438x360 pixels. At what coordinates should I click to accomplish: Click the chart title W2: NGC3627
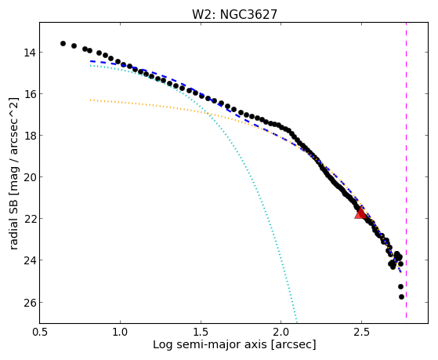coord(234,15)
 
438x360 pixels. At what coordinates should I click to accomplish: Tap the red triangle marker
coord(360,213)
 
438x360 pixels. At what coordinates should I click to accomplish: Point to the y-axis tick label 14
coord(29,53)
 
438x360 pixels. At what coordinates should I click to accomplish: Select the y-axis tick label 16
coord(29,94)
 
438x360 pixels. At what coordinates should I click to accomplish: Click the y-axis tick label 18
coord(29,136)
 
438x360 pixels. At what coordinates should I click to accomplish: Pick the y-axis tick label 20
coord(29,177)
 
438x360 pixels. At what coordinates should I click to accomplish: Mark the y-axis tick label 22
coord(29,219)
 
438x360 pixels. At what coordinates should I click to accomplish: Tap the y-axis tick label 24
coord(29,260)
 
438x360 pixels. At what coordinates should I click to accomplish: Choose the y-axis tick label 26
coord(29,303)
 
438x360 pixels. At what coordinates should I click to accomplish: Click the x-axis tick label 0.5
coord(40,333)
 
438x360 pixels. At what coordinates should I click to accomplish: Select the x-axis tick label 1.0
coord(120,333)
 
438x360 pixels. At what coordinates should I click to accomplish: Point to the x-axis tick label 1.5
coord(201,333)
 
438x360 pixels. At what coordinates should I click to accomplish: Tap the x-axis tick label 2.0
coord(281,333)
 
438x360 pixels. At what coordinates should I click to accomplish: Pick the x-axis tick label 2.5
coord(361,333)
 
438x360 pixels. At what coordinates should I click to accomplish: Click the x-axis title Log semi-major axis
coord(210,344)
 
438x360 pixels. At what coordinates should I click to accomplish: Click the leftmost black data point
coord(63,43)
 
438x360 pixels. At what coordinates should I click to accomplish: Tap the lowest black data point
coord(401,296)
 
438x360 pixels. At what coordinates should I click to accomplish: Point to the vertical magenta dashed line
coord(406,170)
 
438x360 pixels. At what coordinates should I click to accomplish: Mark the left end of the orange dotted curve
coord(90,100)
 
